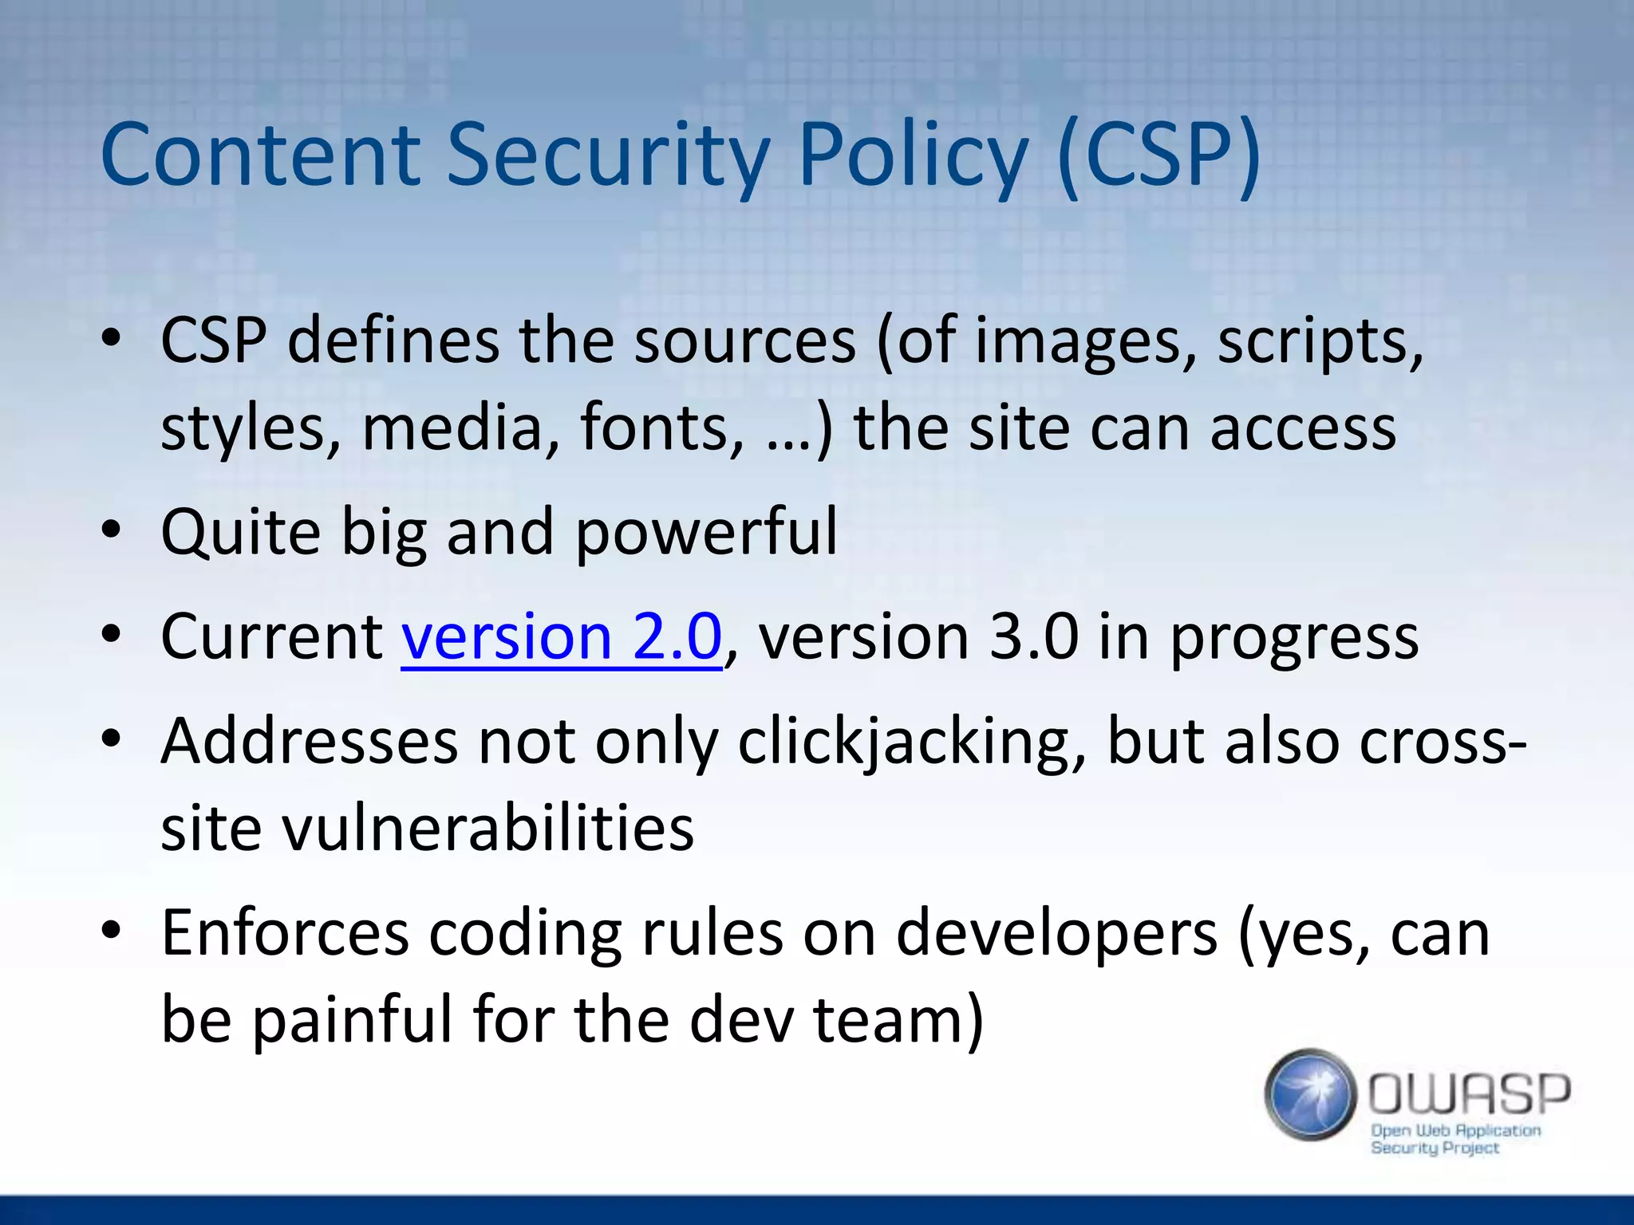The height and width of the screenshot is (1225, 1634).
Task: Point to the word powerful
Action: (x=707, y=533)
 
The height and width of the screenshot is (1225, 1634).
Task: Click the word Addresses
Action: (x=310, y=742)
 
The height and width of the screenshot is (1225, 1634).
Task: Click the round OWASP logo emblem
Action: (x=1311, y=1094)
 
